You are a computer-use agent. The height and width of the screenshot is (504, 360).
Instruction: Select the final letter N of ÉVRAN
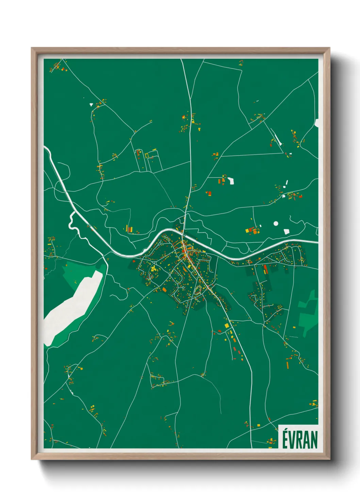(x=314, y=440)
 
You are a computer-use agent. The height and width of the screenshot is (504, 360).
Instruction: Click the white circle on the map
(x=276, y=223)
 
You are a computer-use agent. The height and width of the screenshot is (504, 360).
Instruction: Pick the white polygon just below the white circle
(x=287, y=232)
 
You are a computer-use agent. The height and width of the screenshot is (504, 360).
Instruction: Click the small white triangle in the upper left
(x=91, y=104)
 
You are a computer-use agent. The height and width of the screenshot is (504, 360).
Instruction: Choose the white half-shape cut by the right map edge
(x=316, y=123)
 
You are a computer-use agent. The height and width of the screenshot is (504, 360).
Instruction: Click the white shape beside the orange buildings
(x=231, y=180)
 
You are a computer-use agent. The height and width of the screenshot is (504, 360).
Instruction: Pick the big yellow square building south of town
(x=227, y=326)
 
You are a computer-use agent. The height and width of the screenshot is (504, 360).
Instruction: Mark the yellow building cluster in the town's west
(x=153, y=269)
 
